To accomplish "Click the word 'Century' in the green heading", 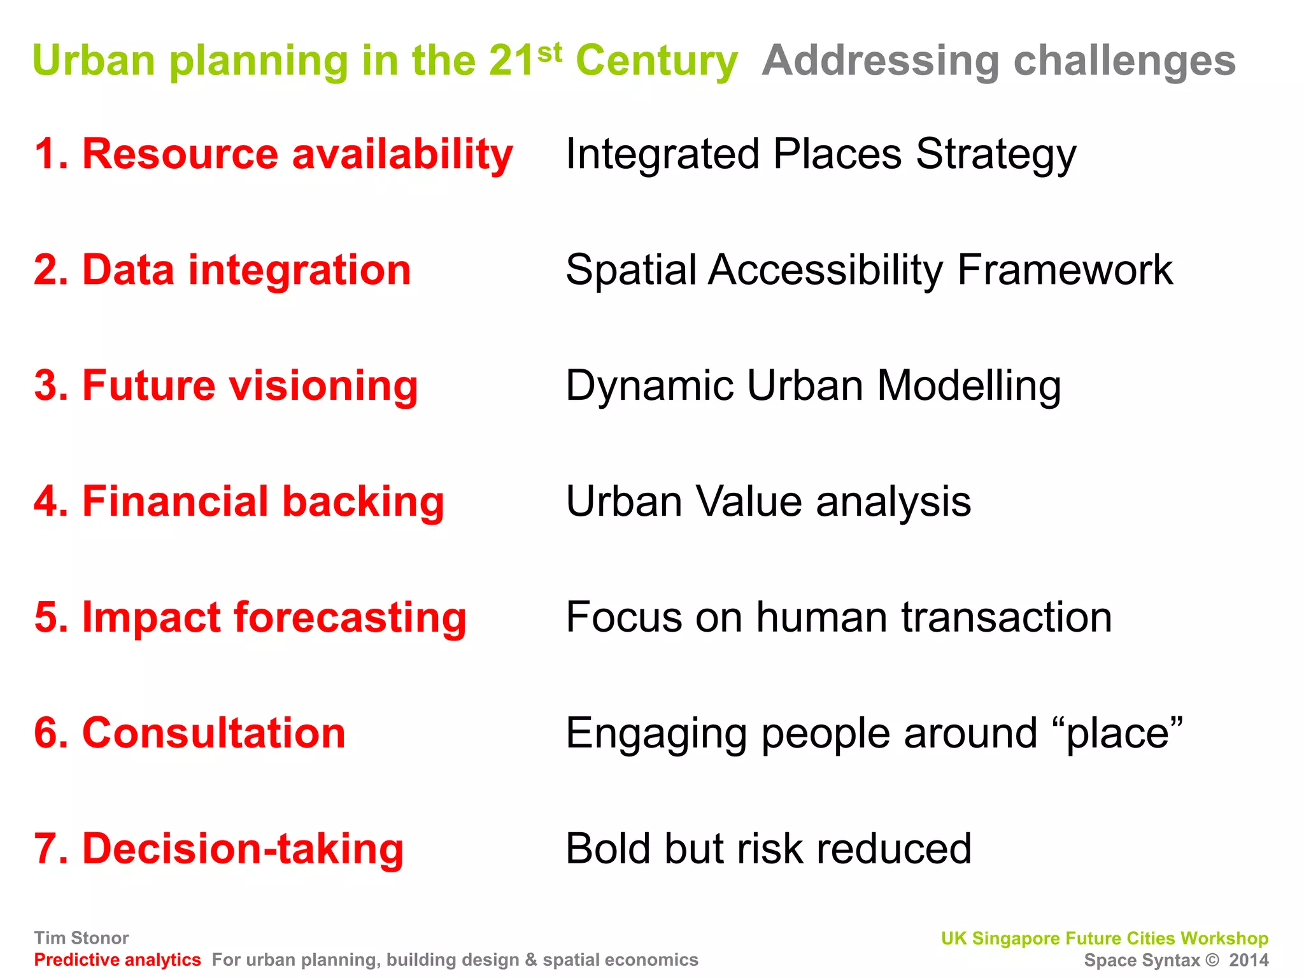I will pos(656,62).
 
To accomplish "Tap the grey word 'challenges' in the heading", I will pos(1124,62).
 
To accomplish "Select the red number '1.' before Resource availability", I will pos(51,154).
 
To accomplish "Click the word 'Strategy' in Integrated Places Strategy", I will pos(996,156).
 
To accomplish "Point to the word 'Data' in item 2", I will pos(128,270).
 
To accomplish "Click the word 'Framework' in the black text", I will pos(1065,270).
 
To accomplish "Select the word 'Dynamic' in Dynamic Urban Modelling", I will pos(649,387).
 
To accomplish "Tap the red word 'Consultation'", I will pos(214,733).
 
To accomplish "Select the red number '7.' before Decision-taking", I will pos(51,849).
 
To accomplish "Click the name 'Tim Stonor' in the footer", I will pos(81,938).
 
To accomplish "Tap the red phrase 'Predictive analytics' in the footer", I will pos(118,960).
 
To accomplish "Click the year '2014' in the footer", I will pos(1249,960).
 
